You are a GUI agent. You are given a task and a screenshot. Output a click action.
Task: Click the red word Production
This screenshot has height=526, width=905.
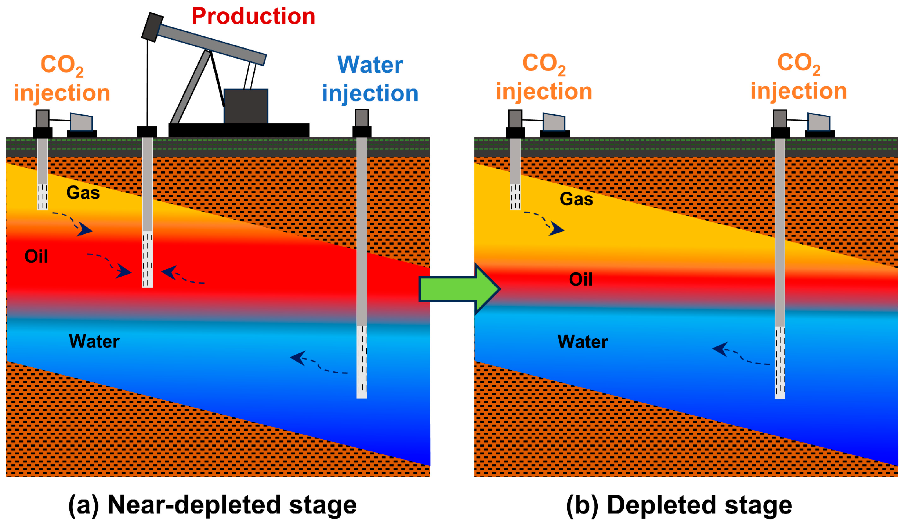[x=253, y=17]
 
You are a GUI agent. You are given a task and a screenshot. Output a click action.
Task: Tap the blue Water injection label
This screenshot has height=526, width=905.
[x=370, y=79]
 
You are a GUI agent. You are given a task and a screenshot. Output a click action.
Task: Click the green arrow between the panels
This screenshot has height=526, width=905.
[x=459, y=289]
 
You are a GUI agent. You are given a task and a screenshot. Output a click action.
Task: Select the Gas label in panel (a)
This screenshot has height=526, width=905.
[x=83, y=192]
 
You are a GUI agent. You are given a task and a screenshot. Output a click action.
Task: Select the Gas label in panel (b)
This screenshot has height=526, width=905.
[x=576, y=199]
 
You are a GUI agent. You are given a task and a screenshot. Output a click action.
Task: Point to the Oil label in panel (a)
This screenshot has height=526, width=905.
[x=36, y=256]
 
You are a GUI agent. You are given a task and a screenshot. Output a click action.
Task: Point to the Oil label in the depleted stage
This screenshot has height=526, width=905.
[x=580, y=280]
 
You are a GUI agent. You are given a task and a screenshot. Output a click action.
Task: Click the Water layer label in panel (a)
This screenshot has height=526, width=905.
[x=94, y=341]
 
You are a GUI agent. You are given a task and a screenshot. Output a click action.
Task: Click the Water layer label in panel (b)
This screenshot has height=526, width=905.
[x=583, y=342]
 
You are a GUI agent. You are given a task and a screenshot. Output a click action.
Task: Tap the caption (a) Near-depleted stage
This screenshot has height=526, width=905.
[x=212, y=505]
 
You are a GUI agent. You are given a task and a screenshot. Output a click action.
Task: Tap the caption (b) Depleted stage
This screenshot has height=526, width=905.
[x=679, y=505]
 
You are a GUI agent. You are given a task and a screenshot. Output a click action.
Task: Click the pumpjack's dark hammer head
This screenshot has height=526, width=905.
[x=152, y=27]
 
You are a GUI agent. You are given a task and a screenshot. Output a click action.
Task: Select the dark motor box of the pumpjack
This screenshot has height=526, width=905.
[x=246, y=106]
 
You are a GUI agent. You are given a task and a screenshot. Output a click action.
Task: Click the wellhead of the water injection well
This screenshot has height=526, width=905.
[x=362, y=123]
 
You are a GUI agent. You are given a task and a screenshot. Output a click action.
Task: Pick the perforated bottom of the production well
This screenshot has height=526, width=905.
[x=148, y=259]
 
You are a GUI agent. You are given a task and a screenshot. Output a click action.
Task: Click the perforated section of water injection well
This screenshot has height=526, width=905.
[x=362, y=362]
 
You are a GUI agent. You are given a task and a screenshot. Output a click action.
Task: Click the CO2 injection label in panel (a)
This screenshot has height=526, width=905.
[x=62, y=79]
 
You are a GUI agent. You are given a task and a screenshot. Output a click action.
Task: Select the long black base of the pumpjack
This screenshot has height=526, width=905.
[x=239, y=130]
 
